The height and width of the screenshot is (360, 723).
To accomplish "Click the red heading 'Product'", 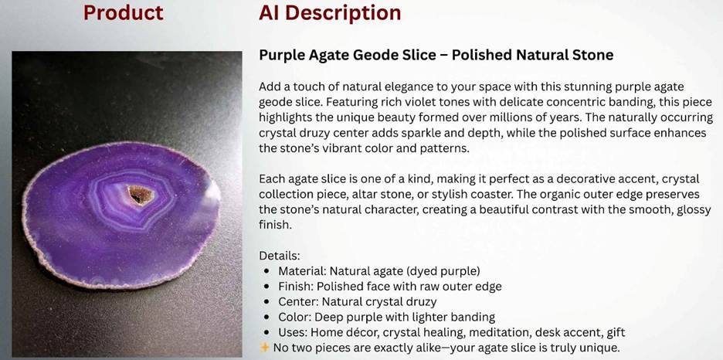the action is pyautogui.click(x=123, y=12).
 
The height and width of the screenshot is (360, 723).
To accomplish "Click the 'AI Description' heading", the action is pyautogui.click(x=330, y=14).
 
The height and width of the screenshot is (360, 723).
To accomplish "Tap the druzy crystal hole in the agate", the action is pyautogui.click(x=140, y=195).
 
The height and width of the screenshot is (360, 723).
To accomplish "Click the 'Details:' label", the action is pyautogui.click(x=280, y=256).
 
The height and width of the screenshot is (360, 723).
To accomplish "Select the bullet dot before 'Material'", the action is pyautogui.click(x=267, y=271).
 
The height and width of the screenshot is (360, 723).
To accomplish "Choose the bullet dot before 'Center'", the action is pyautogui.click(x=267, y=302).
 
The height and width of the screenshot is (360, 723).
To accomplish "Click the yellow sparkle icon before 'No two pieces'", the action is pyautogui.click(x=264, y=347).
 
